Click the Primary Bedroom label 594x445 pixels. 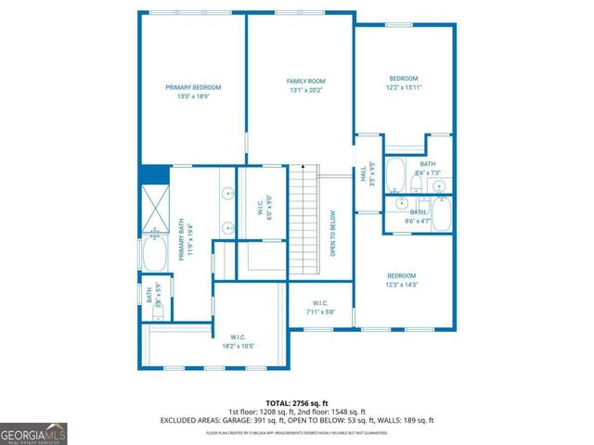pyautogui.click(x=193, y=88)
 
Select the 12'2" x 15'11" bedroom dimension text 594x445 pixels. pyautogui.click(x=404, y=88)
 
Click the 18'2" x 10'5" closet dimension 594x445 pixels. pyautogui.click(x=239, y=346)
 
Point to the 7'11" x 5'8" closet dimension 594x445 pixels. pyautogui.click(x=320, y=312)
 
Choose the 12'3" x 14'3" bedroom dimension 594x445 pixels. pyautogui.click(x=402, y=286)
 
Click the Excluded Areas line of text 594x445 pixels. pyautogui.click(x=298, y=421)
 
